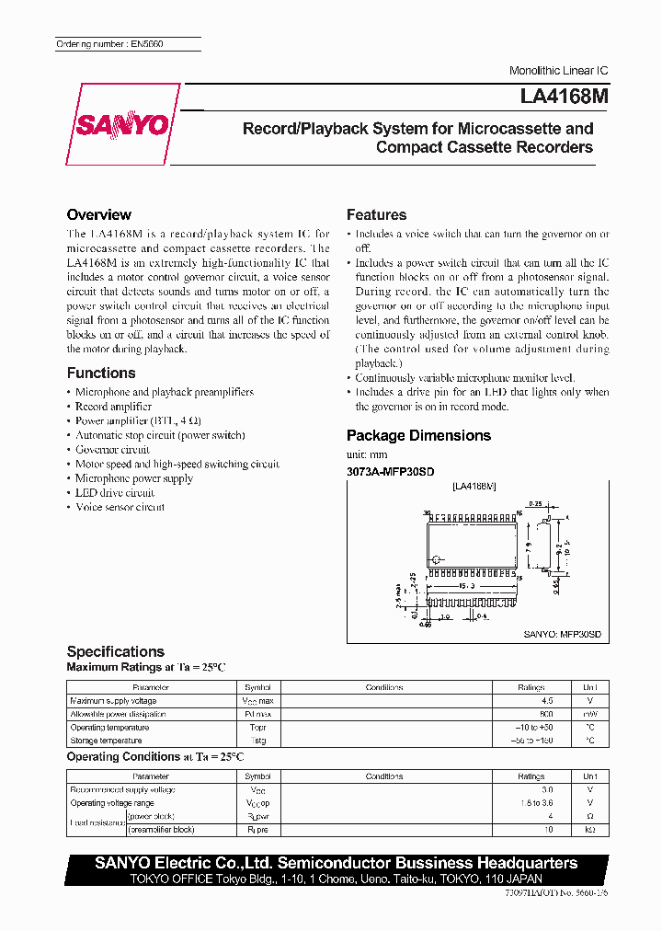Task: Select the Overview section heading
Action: [x=98, y=214]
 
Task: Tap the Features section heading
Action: [x=376, y=214]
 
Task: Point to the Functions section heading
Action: [x=101, y=373]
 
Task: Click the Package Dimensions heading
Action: [x=418, y=435]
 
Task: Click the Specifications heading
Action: [x=116, y=651]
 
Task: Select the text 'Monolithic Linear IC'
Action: [x=558, y=71]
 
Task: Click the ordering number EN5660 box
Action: [x=109, y=44]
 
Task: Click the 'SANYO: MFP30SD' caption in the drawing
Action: [x=562, y=635]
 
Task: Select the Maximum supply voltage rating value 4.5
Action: [x=531, y=700]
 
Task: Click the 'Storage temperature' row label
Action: [x=106, y=740]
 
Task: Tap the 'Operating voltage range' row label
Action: [x=111, y=802]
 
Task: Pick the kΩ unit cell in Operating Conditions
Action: [x=589, y=829]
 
